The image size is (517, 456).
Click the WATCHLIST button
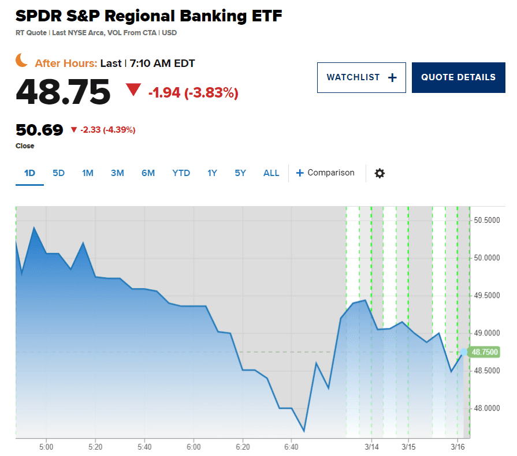361,77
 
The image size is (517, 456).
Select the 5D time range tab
58,173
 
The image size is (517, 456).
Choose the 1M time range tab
88,173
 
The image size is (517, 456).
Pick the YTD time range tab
181,173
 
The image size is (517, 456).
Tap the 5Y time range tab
240,173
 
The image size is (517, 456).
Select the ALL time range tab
271,173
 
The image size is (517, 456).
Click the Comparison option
325,173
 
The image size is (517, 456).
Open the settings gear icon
380,173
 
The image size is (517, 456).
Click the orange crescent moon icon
22,60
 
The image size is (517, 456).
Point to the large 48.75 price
63,91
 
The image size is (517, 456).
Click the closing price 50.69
39,130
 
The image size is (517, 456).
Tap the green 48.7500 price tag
485,352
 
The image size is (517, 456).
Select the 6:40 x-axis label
291,447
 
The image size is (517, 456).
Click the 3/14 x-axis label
371,447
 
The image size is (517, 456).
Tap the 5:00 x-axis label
46,447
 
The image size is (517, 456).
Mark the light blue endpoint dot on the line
464,352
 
